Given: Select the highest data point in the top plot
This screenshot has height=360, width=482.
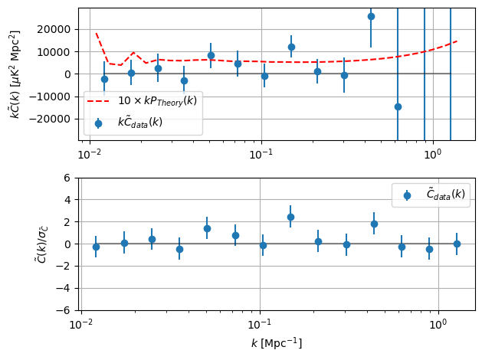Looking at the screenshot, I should (371, 16).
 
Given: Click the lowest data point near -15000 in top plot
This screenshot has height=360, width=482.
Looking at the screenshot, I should (398, 106).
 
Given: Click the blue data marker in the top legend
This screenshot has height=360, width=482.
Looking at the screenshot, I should (98, 123).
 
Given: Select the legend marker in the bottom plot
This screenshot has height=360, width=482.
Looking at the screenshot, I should (407, 195).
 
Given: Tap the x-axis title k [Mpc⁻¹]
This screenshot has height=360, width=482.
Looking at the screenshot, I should (277, 344).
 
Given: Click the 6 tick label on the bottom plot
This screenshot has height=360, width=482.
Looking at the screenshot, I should (67, 178).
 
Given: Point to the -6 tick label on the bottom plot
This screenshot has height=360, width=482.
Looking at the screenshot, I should (64, 311).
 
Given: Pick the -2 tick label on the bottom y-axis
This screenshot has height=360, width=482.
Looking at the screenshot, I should (64, 267).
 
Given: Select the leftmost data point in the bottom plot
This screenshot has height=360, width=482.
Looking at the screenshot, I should (96, 247).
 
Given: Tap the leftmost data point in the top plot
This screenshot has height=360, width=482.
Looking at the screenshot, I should (104, 79).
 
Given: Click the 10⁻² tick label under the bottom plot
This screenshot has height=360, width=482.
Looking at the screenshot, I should (81, 326).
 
